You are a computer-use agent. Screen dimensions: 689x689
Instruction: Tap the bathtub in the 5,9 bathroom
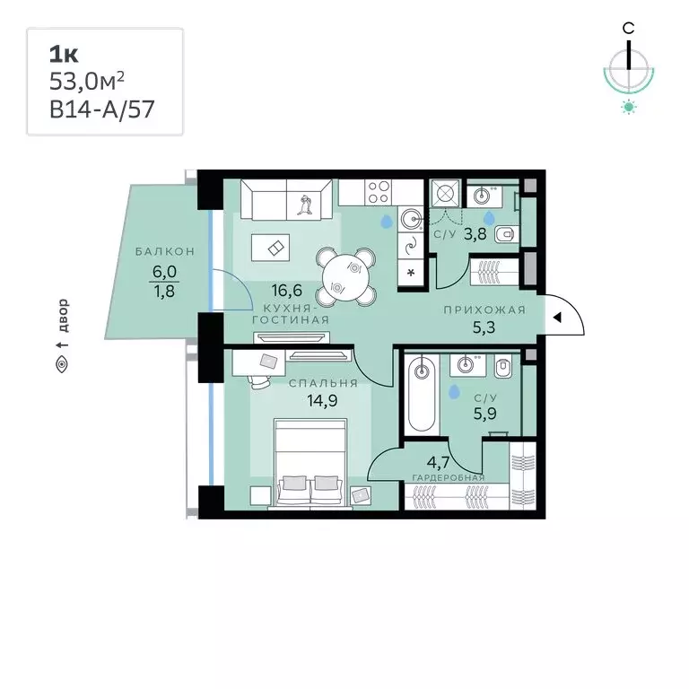[422, 393]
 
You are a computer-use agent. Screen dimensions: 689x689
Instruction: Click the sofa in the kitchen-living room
[286, 199]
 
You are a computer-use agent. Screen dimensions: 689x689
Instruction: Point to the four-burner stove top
[379, 193]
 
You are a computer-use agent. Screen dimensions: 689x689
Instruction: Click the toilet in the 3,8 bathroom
[507, 235]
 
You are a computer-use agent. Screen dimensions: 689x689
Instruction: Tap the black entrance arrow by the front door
[557, 318]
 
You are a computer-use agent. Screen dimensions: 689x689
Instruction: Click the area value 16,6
[286, 291]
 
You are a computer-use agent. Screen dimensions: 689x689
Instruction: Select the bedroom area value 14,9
[322, 401]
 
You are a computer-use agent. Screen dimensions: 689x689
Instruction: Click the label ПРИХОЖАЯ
[484, 310]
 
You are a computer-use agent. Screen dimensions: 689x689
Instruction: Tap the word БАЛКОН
[165, 251]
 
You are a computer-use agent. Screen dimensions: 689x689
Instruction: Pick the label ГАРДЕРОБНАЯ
[449, 477]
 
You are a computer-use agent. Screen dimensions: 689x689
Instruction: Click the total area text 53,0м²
[86, 82]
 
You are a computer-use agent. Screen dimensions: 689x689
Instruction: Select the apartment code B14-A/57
[102, 109]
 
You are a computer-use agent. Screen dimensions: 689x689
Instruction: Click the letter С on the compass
[628, 29]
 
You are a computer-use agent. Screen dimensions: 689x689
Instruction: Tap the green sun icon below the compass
[629, 107]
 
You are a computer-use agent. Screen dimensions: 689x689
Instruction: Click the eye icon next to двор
[62, 365]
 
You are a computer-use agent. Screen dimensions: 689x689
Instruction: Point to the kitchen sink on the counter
[410, 218]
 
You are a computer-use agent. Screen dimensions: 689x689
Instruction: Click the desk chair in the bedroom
[259, 381]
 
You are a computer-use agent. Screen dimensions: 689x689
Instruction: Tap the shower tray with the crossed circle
[445, 193]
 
